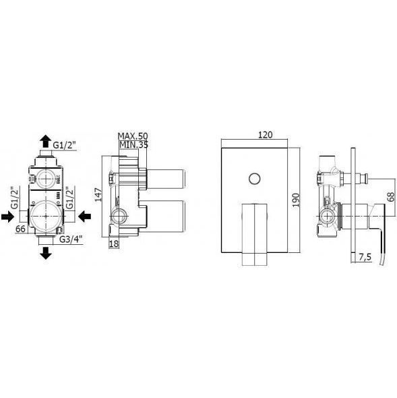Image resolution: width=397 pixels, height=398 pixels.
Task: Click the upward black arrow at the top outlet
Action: (x=46, y=141)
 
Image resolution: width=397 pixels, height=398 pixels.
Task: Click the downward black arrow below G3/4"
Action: (x=46, y=253)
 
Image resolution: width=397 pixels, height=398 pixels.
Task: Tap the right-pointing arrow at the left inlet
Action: (x=7, y=217)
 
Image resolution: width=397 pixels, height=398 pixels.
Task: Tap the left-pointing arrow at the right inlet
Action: (x=84, y=217)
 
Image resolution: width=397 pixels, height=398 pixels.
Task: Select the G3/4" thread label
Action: (x=71, y=239)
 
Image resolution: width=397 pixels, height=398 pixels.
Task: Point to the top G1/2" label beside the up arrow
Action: (x=65, y=146)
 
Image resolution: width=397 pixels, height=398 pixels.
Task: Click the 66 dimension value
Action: (x=20, y=229)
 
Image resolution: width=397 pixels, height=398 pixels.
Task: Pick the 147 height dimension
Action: (x=98, y=195)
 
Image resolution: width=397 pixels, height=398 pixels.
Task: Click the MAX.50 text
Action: (x=133, y=136)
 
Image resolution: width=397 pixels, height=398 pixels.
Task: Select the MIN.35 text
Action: (x=133, y=144)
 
